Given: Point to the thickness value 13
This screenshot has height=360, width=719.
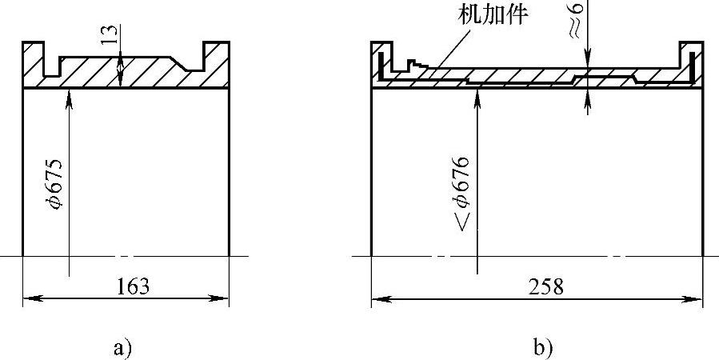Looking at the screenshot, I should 110,35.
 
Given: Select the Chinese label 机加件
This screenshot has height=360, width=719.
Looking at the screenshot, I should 492,14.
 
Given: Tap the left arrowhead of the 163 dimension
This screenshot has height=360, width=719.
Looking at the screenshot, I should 30,299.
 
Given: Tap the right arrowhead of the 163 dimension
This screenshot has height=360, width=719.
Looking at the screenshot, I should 223,299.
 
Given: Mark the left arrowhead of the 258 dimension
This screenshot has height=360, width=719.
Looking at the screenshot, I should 378,299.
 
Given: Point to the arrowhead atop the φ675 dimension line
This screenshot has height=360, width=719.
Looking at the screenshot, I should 70,94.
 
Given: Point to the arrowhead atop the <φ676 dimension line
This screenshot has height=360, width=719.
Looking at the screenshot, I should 477,94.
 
